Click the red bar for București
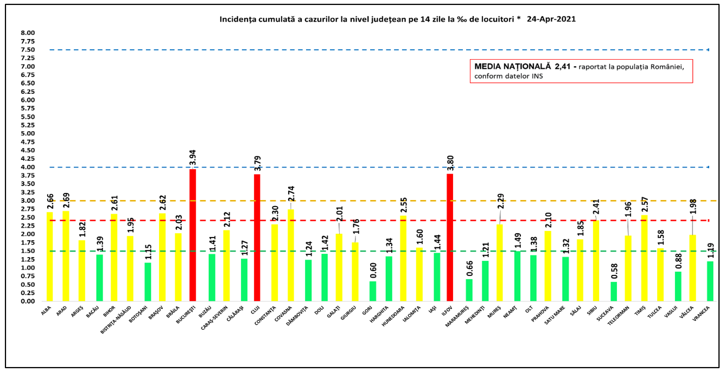click(x=193, y=235)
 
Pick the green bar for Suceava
click(x=613, y=291)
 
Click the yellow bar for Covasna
click(x=291, y=255)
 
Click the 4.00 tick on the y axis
click(x=28, y=167)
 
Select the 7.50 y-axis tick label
click(x=28, y=50)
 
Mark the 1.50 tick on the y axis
click(x=28, y=251)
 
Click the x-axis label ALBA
click(x=46, y=311)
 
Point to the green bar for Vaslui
click(x=678, y=286)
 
